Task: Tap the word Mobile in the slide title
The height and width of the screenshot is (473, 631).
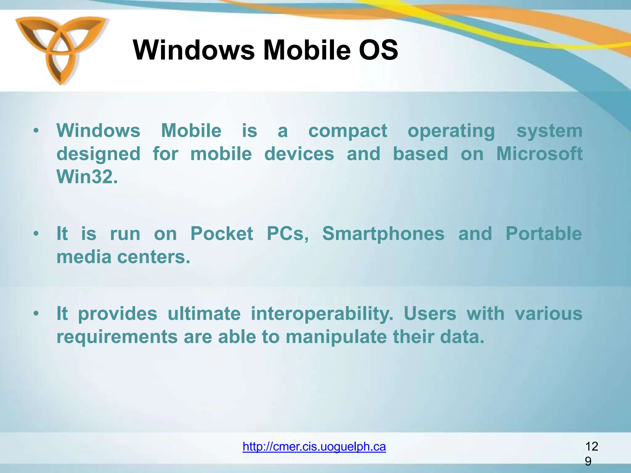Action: pos(307,50)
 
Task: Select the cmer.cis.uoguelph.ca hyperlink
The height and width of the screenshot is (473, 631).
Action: pos(314,446)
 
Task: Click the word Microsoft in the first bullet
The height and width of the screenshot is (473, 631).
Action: pos(539,154)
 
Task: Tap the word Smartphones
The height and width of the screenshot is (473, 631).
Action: pos(383,233)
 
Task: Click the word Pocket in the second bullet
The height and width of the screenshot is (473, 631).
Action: pos(222,233)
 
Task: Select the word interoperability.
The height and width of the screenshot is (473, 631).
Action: pos(322,314)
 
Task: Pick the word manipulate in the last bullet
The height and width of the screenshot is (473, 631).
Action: pos(336,337)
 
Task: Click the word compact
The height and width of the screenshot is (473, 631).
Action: pos(348,131)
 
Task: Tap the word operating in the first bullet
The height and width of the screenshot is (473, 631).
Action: pos(451,131)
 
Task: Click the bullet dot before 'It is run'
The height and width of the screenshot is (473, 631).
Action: pos(36,233)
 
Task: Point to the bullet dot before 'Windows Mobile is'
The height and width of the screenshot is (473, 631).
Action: pos(36,131)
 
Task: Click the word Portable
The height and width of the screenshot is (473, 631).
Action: pos(543,233)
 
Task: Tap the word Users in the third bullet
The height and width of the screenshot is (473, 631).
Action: pos(430,314)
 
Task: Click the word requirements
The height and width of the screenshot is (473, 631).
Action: pos(117,337)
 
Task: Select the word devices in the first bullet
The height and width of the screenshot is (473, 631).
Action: pos(299,154)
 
